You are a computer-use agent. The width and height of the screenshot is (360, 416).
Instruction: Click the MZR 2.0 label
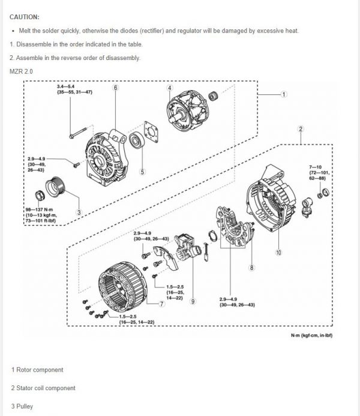coord(22,71)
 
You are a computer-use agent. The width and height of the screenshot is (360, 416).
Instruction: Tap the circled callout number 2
coord(300,128)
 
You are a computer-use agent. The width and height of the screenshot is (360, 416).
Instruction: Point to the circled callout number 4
coord(170,88)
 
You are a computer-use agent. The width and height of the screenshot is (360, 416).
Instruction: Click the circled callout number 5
coord(142,172)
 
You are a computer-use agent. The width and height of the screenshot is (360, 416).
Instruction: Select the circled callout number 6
coord(115,88)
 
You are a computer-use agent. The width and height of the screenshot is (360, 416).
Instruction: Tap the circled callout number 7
coord(162,304)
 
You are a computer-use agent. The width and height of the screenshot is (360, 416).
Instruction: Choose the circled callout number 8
coord(252,268)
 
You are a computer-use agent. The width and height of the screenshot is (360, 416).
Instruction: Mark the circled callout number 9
coord(193,302)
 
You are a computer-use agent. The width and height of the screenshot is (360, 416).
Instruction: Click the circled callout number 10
coord(278,253)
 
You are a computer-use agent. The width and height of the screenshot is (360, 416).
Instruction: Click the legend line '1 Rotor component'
coord(37,370)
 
